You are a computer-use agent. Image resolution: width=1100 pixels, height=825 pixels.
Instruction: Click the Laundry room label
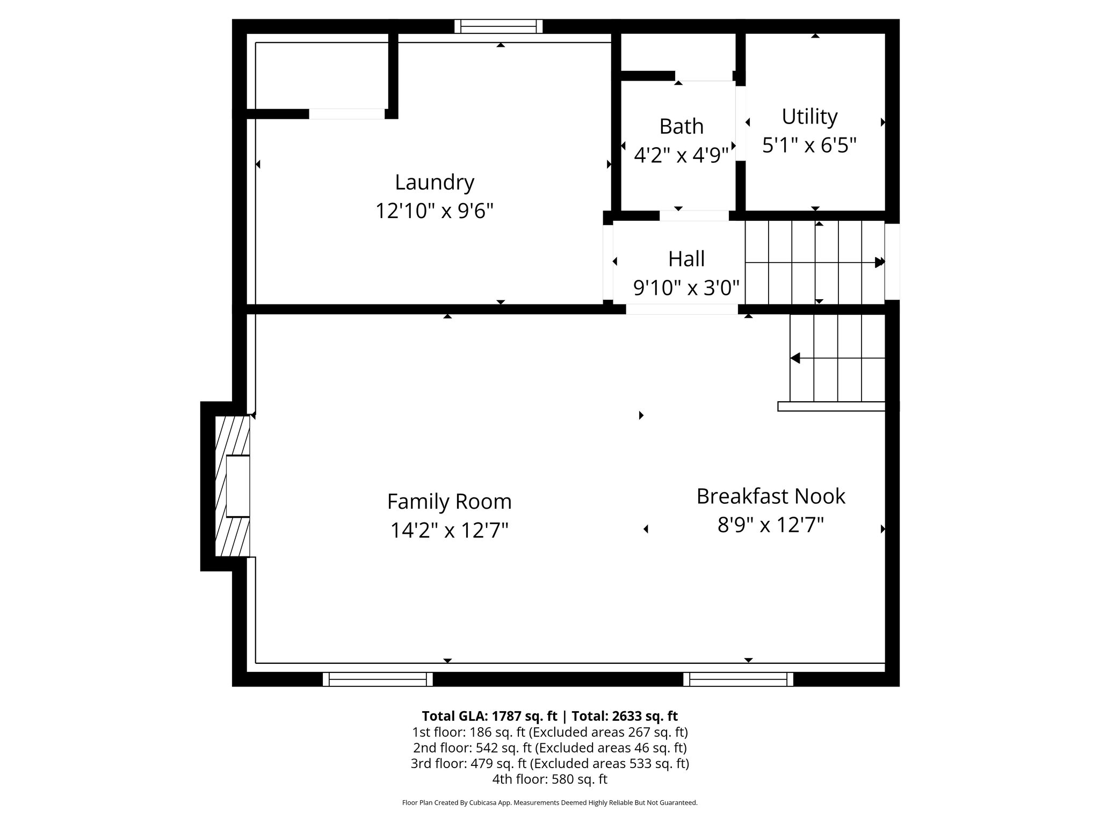tap(435, 182)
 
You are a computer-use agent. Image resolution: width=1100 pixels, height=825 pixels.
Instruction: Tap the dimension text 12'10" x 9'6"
tap(434, 211)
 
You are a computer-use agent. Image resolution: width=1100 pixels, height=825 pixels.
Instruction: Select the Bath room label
tap(681, 126)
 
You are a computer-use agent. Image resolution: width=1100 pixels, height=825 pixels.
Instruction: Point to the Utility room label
tap(809, 117)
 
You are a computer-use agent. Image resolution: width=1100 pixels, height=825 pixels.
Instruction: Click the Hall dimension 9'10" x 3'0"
tap(686, 288)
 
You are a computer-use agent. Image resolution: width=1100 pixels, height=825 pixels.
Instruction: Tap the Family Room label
tap(449, 502)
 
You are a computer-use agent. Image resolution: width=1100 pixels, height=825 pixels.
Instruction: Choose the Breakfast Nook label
tap(770, 496)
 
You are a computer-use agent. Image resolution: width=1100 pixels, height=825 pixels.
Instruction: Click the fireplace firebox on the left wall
tap(238, 486)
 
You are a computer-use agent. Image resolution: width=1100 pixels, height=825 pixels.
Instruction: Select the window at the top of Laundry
tap(498, 26)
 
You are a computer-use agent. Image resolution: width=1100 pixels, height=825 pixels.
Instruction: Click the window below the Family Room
tap(378, 679)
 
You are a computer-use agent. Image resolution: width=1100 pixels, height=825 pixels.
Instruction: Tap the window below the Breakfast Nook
tap(738, 679)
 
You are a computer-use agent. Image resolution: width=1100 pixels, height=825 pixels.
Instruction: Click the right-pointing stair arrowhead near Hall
tap(879, 263)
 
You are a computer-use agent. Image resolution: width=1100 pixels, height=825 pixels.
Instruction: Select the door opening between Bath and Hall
tap(694, 216)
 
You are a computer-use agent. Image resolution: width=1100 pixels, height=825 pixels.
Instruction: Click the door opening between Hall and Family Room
tap(682, 309)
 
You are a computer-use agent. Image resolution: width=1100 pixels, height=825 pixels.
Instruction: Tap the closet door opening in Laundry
tap(347, 114)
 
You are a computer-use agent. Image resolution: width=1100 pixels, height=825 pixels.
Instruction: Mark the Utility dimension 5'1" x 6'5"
tap(809, 145)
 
